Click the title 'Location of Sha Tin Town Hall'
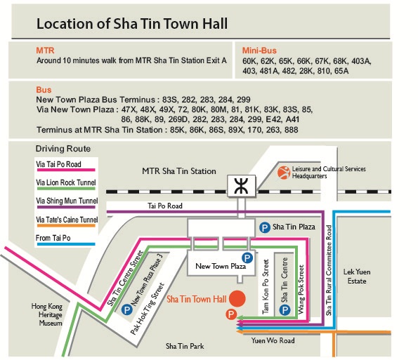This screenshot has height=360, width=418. pyautogui.click(x=131, y=24)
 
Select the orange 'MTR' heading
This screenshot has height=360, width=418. pyautogui.click(x=45, y=51)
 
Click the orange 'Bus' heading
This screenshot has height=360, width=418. pyautogui.click(x=44, y=91)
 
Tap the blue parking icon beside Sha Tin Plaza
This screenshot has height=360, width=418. pyautogui.click(x=265, y=227)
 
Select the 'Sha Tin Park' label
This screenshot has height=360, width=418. pyautogui.click(x=185, y=346)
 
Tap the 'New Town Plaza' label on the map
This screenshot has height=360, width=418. pyautogui.click(x=221, y=267)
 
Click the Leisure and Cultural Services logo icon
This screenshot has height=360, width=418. pyautogui.click(x=283, y=173)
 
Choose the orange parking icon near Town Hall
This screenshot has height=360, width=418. pyautogui.click(x=230, y=314)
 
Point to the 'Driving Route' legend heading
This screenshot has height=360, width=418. pyautogui.click(x=61, y=149)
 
